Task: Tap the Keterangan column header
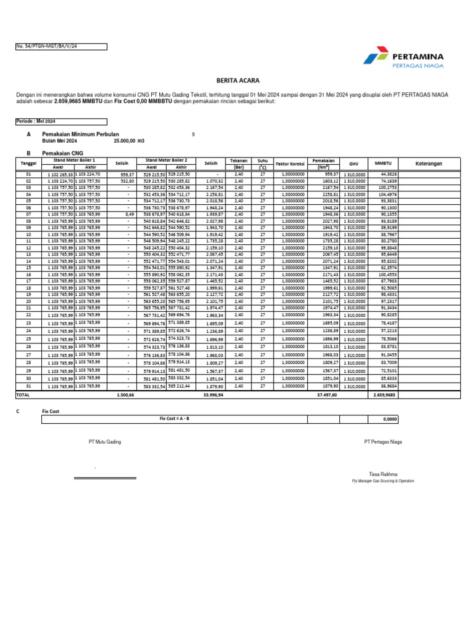point(429,163)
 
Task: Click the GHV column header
point(353,163)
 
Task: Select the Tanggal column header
point(28,163)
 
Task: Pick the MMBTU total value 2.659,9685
point(384,395)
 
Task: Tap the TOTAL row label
point(23,395)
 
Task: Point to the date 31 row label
point(28,386)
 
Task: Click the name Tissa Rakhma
point(382,474)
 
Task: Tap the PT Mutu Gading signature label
point(104,442)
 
